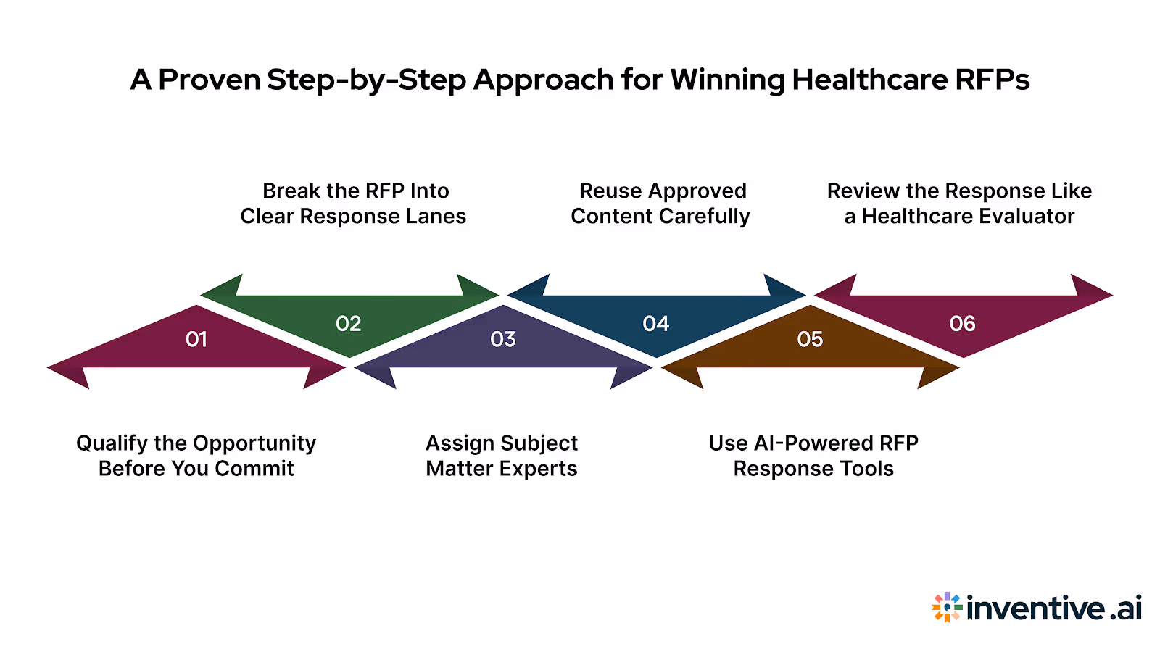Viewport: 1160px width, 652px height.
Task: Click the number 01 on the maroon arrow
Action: pyautogui.click(x=196, y=339)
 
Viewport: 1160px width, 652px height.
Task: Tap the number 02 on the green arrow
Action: pyautogui.click(x=349, y=324)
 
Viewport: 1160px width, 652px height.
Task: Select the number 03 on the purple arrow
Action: pyautogui.click(x=503, y=339)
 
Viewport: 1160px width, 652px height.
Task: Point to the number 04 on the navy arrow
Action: pyautogui.click(x=656, y=324)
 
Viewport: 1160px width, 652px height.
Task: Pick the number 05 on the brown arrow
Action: pyautogui.click(x=810, y=339)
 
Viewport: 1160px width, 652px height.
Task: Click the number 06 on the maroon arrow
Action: pyautogui.click(x=963, y=324)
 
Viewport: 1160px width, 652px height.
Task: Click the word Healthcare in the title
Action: pyautogui.click(x=869, y=80)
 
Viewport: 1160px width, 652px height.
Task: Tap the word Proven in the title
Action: pyautogui.click(x=210, y=80)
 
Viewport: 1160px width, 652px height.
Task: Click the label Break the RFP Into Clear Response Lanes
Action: pyautogui.click(x=354, y=204)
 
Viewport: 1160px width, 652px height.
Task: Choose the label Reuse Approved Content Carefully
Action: pyautogui.click(x=660, y=204)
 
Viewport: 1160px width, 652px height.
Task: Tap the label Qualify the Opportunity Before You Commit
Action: pyautogui.click(x=196, y=456)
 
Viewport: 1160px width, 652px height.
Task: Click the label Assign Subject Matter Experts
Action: pyautogui.click(x=502, y=456)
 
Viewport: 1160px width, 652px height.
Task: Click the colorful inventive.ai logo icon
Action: pyautogui.click(x=947, y=607)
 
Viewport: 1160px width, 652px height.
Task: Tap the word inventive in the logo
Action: pyautogui.click(x=1036, y=608)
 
